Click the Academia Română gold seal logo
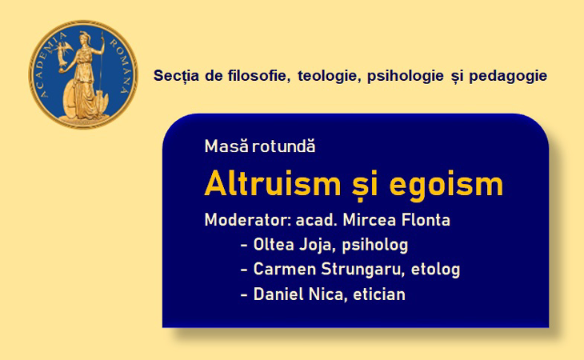pyautogui.click(x=83, y=74)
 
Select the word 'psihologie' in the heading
pyautogui.click(x=406, y=76)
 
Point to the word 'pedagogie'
pyautogui.click(x=508, y=76)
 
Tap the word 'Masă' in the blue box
pyautogui.click(x=226, y=146)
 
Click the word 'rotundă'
pyautogui.click(x=284, y=146)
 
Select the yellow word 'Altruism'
pyautogui.click(x=273, y=183)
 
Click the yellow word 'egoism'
pyautogui.click(x=446, y=186)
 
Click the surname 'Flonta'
pyautogui.click(x=426, y=220)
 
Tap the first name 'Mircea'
pyautogui.click(x=370, y=220)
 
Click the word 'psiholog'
pyautogui.click(x=375, y=246)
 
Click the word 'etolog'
pyautogui.click(x=435, y=270)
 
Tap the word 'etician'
pyautogui.click(x=378, y=294)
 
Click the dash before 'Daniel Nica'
pyautogui.click(x=244, y=295)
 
